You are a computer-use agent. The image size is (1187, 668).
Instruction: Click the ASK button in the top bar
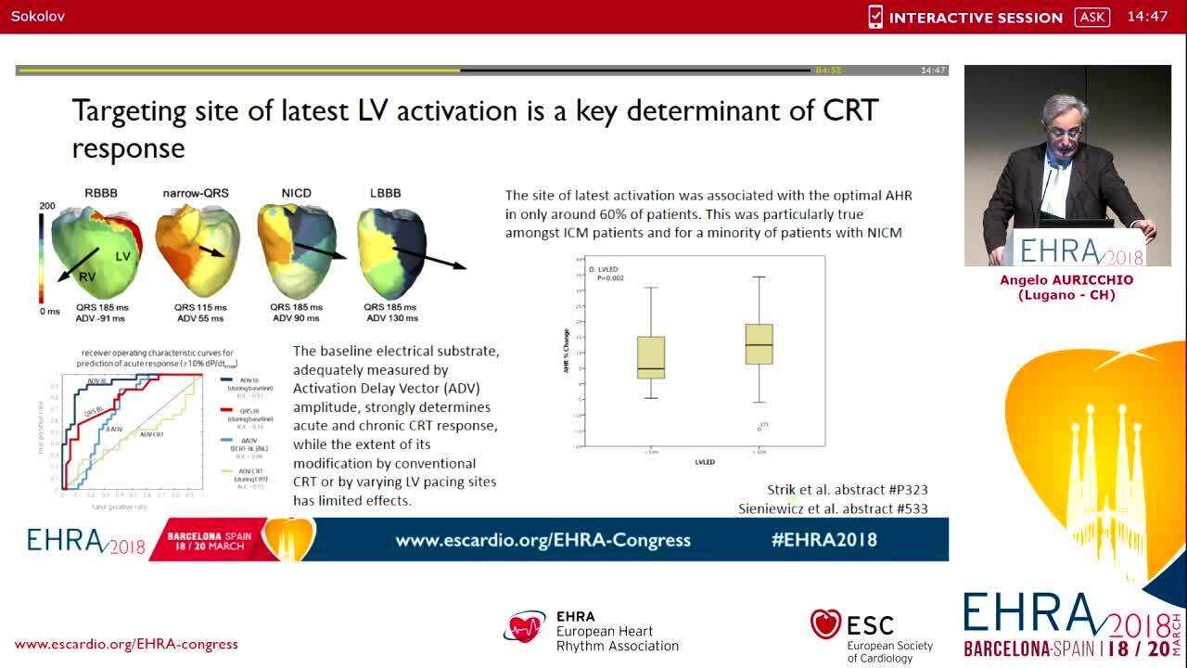[1091, 17]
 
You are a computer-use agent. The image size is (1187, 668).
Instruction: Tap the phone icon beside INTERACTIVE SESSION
[875, 17]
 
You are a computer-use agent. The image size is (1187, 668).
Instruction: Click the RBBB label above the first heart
[100, 193]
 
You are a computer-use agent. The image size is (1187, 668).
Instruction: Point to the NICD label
[296, 193]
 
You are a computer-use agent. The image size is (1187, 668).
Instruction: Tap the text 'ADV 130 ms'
[391, 318]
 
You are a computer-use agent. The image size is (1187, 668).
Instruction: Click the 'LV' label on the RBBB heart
[122, 256]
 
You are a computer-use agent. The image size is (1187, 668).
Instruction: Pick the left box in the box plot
[651, 357]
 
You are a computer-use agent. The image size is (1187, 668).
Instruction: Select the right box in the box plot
[759, 344]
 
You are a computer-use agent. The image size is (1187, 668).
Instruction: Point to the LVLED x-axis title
[705, 461]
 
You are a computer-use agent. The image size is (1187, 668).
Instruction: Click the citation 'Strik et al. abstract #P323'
[847, 490]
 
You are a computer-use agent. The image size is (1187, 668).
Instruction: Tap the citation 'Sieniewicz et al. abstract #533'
[833, 508]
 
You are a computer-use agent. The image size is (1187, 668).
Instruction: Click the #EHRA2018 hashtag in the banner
[823, 540]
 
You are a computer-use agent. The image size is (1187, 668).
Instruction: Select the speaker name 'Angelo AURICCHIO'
[1066, 280]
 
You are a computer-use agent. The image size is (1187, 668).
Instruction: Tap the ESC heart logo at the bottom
[825, 625]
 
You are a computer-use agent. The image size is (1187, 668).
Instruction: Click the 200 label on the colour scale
[47, 206]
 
